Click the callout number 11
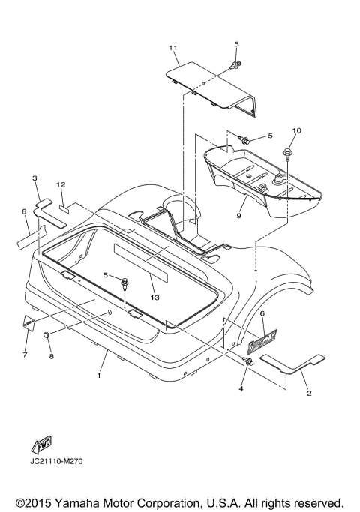172,48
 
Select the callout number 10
296,130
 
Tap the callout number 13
154,298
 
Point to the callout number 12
61,184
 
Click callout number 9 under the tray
238,216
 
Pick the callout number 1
99,376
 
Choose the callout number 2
309,393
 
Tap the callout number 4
241,388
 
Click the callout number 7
25,355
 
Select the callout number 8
51,356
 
